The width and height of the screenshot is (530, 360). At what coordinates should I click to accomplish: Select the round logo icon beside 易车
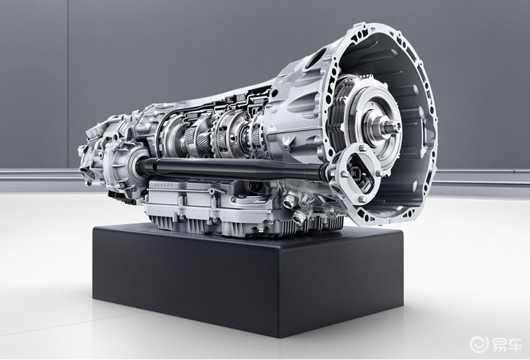pos(480,343)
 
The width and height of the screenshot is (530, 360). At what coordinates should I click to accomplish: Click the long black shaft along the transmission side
pos(233,167)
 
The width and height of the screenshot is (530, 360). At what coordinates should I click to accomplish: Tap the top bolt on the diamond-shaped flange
pos(363,148)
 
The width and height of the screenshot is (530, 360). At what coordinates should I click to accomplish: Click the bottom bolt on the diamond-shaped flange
pos(363,199)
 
